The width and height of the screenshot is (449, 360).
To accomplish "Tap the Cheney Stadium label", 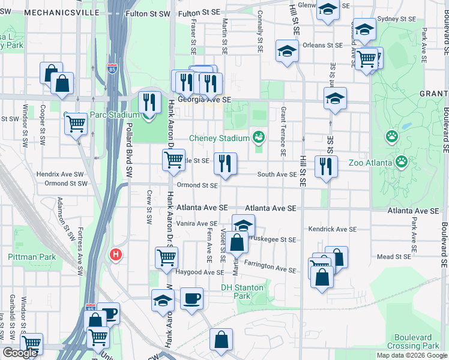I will click(x=219, y=138).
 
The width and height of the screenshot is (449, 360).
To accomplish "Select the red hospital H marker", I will click(x=116, y=254).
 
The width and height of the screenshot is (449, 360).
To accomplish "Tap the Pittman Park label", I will click(x=32, y=257).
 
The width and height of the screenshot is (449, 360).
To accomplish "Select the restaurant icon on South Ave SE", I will click(x=326, y=166).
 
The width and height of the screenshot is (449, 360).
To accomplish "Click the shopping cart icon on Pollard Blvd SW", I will click(x=76, y=124).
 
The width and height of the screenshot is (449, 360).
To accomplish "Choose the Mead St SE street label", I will click(x=393, y=257).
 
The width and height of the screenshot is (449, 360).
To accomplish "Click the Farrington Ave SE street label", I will click(x=270, y=266).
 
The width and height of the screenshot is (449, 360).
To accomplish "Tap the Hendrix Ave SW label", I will click(x=60, y=174).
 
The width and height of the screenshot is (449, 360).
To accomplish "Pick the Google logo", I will click(x=20, y=353).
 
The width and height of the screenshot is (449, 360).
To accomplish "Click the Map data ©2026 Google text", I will click(x=412, y=355).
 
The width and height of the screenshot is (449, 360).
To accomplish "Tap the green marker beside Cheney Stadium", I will click(x=259, y=137).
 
